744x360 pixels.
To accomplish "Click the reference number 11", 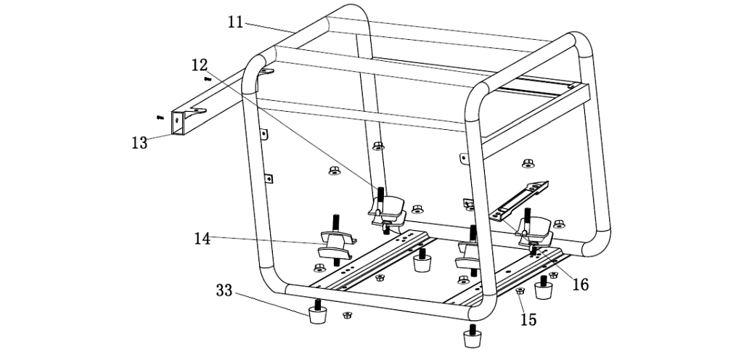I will point(235,22).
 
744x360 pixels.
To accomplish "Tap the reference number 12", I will point(200,65).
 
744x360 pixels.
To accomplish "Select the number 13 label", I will point(139,142).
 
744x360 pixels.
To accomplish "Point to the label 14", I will point(203,238).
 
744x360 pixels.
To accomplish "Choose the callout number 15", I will point(528,319).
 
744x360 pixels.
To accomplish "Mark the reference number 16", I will point(580,284).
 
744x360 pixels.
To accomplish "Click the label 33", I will point(225,292).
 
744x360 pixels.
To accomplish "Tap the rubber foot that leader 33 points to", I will point(317,315).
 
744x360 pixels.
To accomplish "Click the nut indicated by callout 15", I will point(520,292).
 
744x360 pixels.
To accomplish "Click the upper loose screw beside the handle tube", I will point(208,78).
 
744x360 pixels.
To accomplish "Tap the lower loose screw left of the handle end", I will point(159,116).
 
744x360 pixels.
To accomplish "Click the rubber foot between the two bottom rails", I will point(422,261).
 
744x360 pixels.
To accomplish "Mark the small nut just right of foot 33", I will point(347,315).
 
